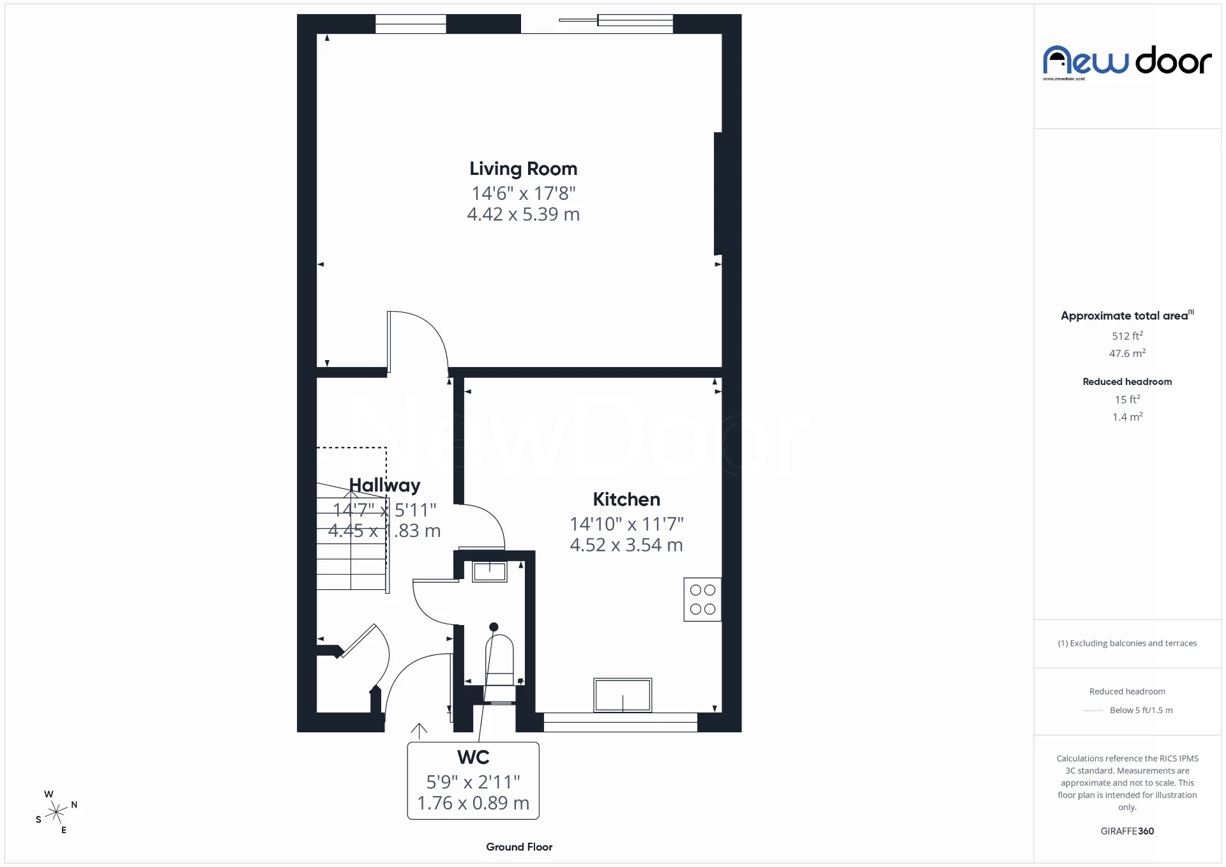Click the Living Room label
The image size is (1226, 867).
(523, 169)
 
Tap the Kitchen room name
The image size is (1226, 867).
(626, 499)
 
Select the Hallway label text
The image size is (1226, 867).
(384, 485)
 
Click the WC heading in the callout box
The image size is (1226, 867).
(473, 757)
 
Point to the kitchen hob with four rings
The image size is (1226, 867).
(702, 599)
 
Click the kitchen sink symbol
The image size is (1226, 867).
(623, 695)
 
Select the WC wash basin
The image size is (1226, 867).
(489, 571)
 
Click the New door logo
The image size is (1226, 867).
(1127, 62)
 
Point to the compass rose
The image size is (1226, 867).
(56, 812)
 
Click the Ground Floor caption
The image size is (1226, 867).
(519, 847)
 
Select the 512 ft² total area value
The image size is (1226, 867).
(1127, 336)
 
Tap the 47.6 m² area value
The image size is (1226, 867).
(1127, 353)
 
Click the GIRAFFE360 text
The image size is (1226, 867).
(1127, 831)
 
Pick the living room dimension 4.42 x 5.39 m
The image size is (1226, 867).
(523, 215)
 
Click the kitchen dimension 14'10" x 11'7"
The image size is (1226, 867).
(626, 524)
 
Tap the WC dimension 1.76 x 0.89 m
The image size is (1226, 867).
(473, 803)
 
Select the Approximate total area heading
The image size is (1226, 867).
(1126, 315)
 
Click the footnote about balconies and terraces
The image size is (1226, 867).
(1127, 644)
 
